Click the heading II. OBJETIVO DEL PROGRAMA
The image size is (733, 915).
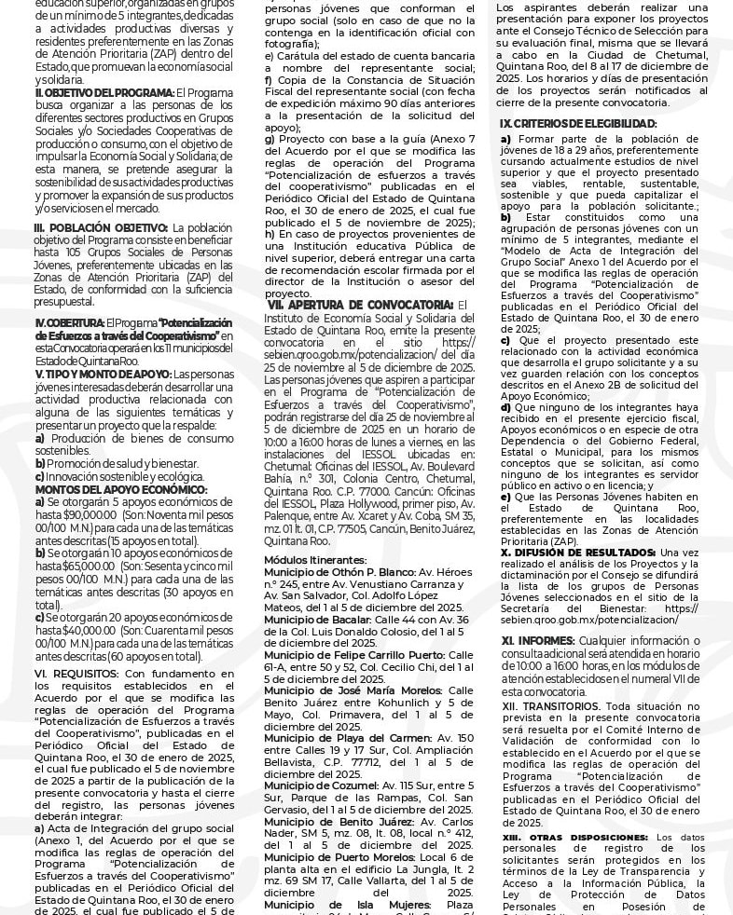point(104,92)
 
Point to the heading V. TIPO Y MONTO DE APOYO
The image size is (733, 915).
point(103,374)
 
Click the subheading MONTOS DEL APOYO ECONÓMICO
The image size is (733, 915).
point(121,489)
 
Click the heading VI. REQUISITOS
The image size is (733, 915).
point(76,673)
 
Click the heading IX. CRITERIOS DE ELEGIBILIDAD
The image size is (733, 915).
point(577,123)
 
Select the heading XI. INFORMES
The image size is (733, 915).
point(536,640)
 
